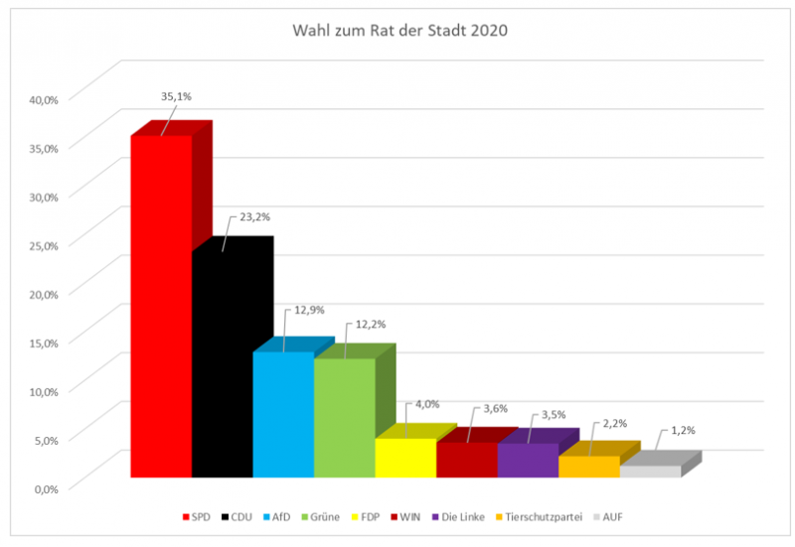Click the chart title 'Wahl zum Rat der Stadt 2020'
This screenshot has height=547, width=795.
(x=399, y=30)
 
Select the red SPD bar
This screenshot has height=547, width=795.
(x=161, y=308)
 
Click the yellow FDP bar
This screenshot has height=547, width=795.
(x=405, y=458)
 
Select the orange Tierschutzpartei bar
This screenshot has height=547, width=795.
(x=588, y=467)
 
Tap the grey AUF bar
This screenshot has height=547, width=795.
(x=650, y=471)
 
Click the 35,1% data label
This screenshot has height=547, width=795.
(x=176, y=97)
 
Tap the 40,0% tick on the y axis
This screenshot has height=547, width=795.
(x=45, y=99)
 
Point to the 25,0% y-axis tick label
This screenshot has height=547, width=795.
(x=45, y=244)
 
